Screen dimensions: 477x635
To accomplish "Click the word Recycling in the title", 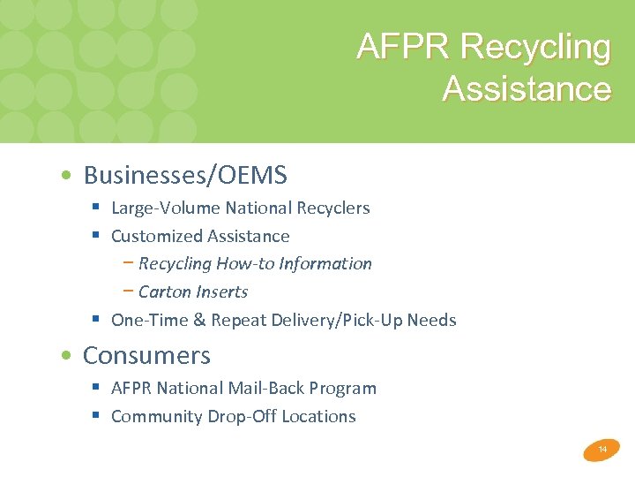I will (x=535, y=48).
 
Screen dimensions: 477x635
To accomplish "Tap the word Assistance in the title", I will (x=527, y=89).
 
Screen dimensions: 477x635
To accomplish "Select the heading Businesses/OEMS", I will (x=185, y=175).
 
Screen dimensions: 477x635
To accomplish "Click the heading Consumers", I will (x=146, y=355).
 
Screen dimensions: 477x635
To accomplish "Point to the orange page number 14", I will (x=602, y=450).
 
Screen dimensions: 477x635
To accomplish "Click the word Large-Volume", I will (x=166, y=208).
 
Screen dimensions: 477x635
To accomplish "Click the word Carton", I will (x=163, y=291).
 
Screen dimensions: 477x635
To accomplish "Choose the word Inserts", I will (x=220, y=291).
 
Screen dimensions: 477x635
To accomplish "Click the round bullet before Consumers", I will (x=67, y=356).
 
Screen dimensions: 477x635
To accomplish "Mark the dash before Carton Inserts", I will (x=129, y=291).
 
